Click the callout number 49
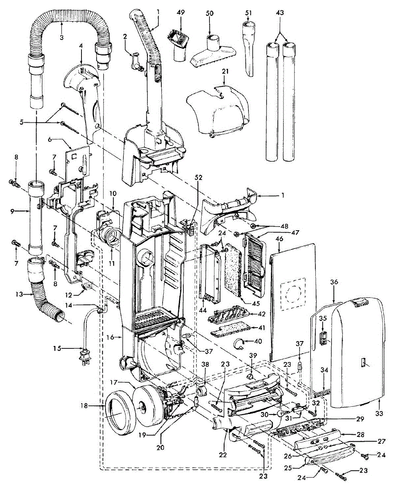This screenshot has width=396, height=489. pos(180,12)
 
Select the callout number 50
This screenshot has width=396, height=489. pos(209,13)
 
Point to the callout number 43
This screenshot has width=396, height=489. pos(280,12)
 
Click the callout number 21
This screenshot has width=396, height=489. pos(225,71)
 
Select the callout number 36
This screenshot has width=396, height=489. pos(334,282)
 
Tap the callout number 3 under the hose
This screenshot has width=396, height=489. pos(62,37)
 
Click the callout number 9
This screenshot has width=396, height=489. pos(12,211)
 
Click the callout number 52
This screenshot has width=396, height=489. pos(199,178)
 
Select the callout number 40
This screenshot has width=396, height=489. pos(258,341)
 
